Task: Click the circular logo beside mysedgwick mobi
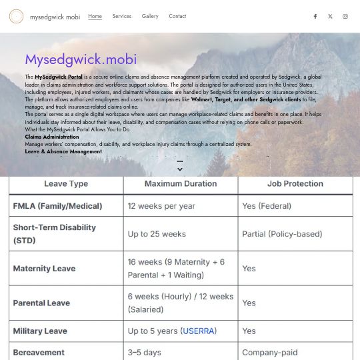[16, 17]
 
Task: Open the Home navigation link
[95, 17]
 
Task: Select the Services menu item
[121, 17]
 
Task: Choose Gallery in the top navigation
[150, 17]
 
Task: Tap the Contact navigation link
[177, 17]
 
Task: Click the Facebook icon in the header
[315, 17]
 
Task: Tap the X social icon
[330, 17]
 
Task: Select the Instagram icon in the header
[345, 17]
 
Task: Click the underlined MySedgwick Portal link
[59, 77]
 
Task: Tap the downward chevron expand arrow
[180, 169]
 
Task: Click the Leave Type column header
[66, 184]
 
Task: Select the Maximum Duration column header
[181, 184]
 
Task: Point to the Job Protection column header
[295, 184]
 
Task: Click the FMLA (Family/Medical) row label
[57, 206]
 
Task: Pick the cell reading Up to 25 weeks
[157, 234]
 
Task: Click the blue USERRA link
[199, 331]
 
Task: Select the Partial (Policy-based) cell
[282, 234]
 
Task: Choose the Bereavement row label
[39, 352]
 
